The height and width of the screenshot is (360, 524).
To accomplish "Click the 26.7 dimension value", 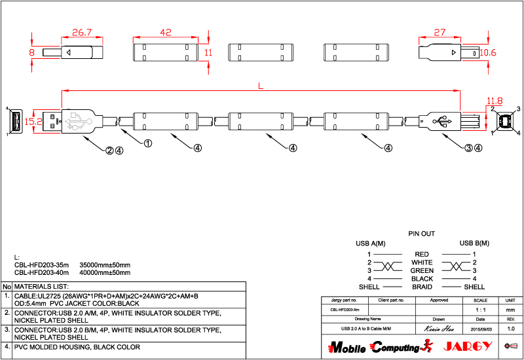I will click(81, 32).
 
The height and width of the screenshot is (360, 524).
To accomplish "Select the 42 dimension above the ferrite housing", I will click(166, 32).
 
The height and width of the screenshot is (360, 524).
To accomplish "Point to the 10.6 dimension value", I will click(488, 52).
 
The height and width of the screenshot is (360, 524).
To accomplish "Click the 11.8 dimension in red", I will click(495, 101).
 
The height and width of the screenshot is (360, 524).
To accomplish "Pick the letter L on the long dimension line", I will click(262, 86).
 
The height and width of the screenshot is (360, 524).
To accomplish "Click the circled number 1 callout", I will click(148, 143).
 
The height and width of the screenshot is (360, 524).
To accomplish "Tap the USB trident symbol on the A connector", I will click(77, 120).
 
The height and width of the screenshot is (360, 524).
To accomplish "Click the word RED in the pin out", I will click(422, 254).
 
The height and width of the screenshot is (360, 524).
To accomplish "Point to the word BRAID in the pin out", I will click(422, 287).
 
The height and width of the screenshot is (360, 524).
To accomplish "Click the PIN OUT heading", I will click(422, 234).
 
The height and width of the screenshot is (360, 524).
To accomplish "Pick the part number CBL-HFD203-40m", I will click(41, 272).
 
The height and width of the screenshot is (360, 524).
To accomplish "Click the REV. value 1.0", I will click(511, 328).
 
